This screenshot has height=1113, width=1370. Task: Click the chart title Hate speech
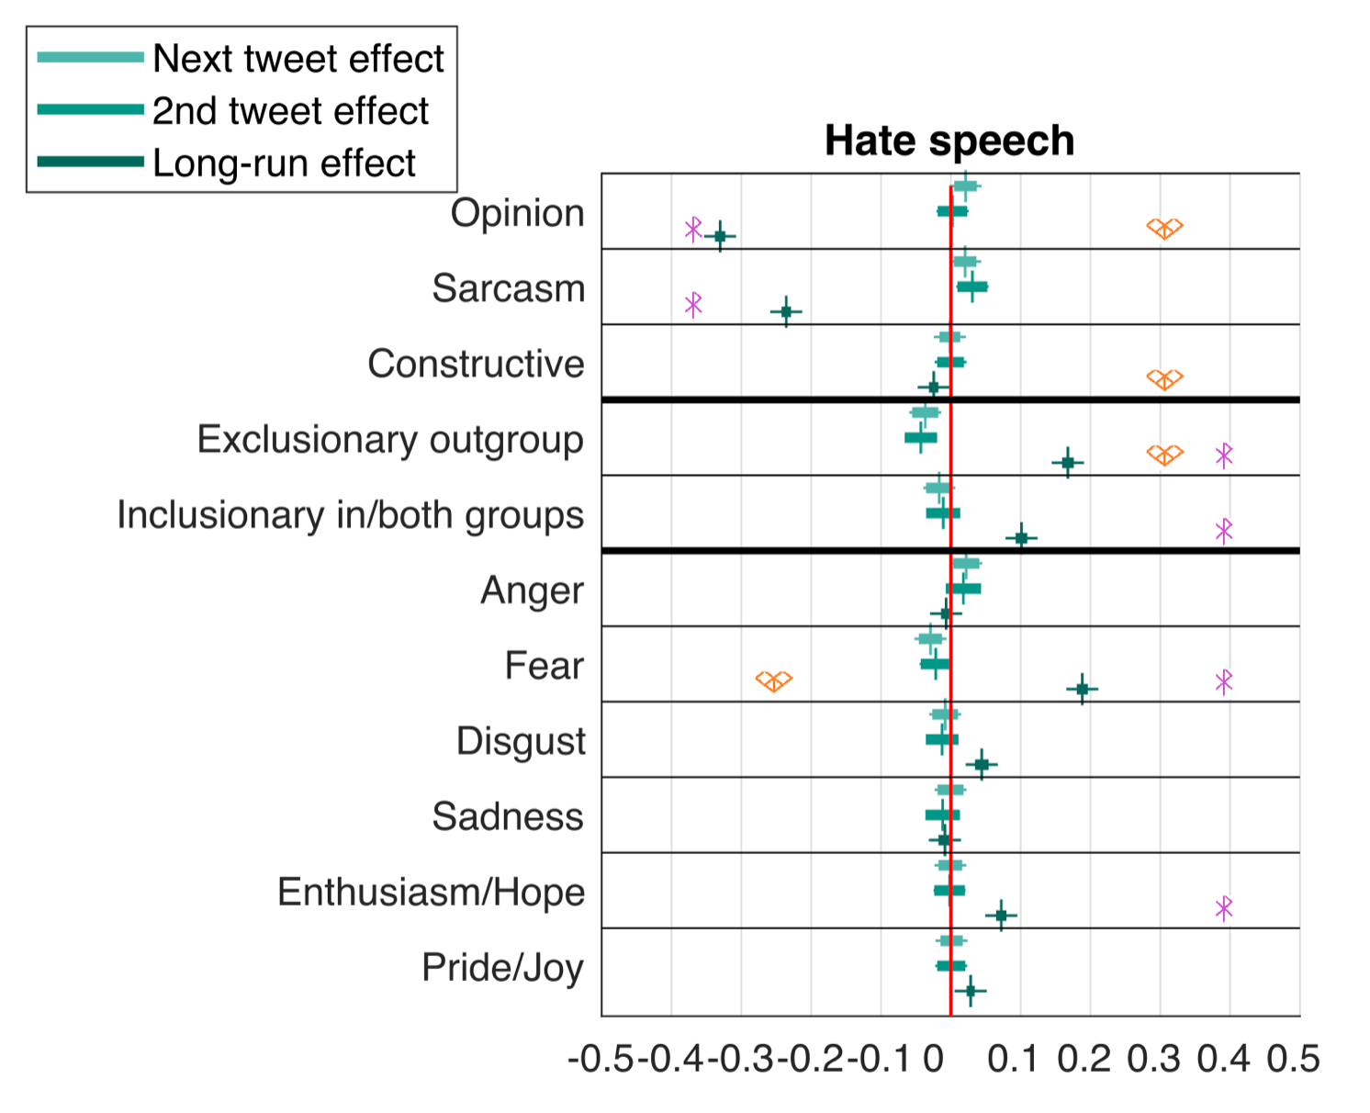pyautogui.click(x=949, y=141)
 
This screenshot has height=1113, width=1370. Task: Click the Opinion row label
pyautogui.click(x=517, y=213)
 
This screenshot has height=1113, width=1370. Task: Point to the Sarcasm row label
pyautogui.click(x=508, y=288)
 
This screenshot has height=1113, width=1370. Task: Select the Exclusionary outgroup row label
pyautogui.click(x=390, y=439)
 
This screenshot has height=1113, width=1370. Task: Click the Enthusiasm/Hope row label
pyautogui.click(x=431, y=892)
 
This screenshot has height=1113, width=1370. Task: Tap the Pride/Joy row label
pyautogui.click(x=502, y=967)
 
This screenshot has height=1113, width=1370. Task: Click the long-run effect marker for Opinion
pyautogui.click(x=720, y=237)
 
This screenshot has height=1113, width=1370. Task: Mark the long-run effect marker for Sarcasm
pyautogui.click(x=786, y=312)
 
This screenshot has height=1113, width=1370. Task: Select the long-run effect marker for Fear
pyautogui.click(x=1082, y=689)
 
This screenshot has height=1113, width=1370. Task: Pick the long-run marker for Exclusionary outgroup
pyautogui.click(x=1067, y=463)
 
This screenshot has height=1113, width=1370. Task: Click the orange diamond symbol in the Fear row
pyautogui.click(x=774, y=681)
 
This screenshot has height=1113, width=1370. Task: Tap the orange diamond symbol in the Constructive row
pyautogui.click(x=1164, y=379)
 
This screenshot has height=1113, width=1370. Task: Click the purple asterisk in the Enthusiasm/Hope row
pyautogui.click(x=1223, y=908)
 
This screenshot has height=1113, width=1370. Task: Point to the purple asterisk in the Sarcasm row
pyautogui.click(x=693, y=304)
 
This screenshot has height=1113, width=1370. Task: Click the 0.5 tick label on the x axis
pyautogui.click(x=1293, y=1059)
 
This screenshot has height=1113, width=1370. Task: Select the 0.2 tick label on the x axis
pyautogui.click(x=1084, y=1059)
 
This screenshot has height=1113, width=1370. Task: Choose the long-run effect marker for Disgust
pyautogui.click(x=982, y=764)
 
